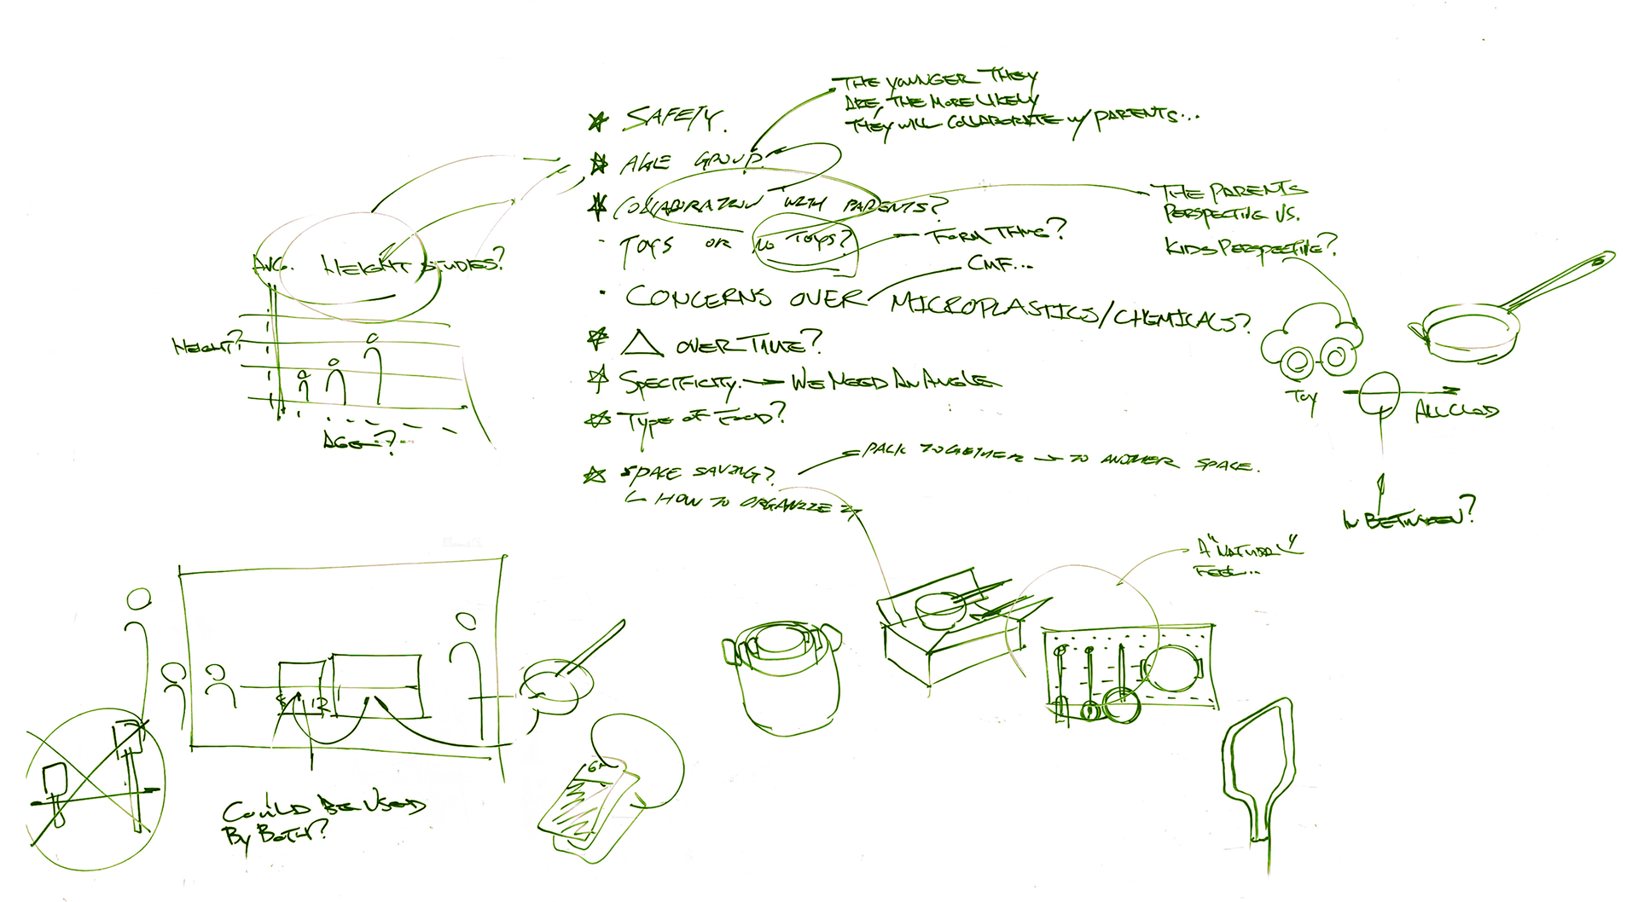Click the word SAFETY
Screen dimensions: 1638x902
674,119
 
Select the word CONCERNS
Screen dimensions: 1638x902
697,297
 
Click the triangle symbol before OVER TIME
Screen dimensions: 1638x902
642,344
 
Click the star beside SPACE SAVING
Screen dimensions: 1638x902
595,475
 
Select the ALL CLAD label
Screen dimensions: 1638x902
1455,413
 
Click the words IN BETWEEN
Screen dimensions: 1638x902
1408,517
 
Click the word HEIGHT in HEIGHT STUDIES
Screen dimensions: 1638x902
365,267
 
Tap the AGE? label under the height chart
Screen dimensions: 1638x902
358,442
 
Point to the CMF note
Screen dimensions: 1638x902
998,265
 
